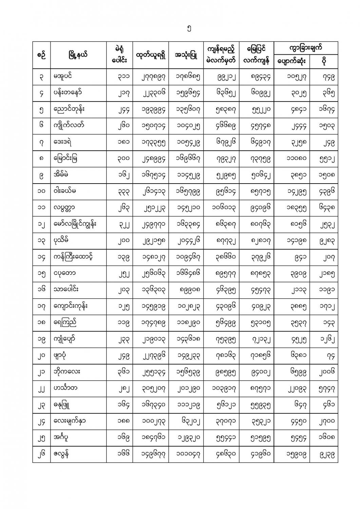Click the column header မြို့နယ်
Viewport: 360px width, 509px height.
pyautogui.click(x=78, y=55)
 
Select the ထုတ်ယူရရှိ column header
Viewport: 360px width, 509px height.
pyautogui.click(x=151, y=55)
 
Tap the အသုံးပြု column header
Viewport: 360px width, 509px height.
pyautogui.click(x=186, y=55)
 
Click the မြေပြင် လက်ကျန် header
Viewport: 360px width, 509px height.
pyautogui.click(x=256, y=55)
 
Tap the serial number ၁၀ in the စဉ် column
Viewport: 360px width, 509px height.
pyautogui.click(x=41, y=191)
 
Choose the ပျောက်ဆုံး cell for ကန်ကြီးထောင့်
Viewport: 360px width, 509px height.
pyautogui.click(x=292, y=258)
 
